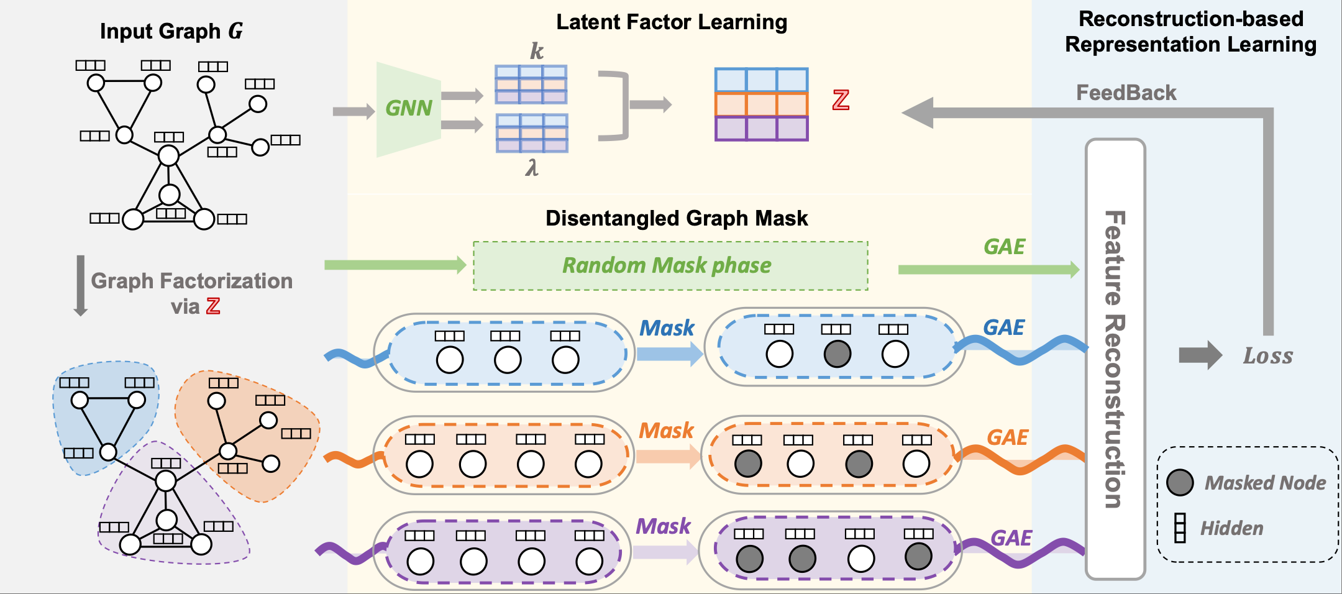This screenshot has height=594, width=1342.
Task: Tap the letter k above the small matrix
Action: pos(536,51)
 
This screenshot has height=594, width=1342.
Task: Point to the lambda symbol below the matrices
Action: pos(532,168)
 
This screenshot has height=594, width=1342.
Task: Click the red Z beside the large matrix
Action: pos(841,100)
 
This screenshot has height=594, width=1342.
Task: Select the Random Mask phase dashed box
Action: pos(670,266)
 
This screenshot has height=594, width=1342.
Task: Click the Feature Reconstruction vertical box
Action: pos(1115,359)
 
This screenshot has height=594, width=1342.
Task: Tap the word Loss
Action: pos(1267,356)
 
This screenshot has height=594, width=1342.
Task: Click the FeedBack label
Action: pos(1126,93)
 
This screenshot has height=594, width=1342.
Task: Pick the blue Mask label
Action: pos(667,328)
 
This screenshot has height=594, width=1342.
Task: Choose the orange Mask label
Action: pos(666,431)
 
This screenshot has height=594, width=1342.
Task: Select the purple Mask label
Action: pos(663,527)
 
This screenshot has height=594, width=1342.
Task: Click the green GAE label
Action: pos(1004,247)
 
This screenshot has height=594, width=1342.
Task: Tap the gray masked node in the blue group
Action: pos(837,354)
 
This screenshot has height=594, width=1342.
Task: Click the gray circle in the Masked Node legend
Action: pos(1180,482)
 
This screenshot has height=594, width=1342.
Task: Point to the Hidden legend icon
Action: pos(1180,528)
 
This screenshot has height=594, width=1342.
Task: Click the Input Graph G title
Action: pos(171,31)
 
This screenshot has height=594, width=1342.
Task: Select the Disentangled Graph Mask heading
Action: pos(677,219)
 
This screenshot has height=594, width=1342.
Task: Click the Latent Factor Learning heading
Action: pos(672,22)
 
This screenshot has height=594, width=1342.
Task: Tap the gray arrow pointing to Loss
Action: pos(1200,355)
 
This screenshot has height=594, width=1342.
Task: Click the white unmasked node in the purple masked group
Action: pos(860,559)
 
